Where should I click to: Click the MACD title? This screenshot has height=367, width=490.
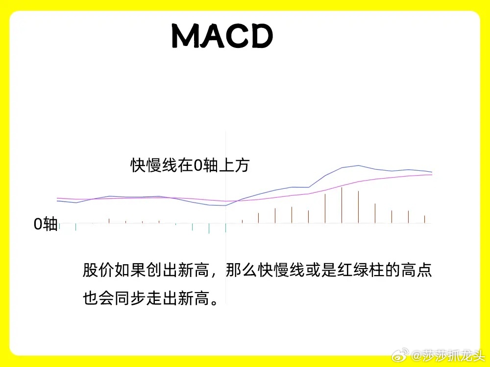pos(222,36)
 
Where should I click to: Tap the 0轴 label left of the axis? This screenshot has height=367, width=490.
pos(46,224)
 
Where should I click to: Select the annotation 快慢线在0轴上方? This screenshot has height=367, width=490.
pos(190,165)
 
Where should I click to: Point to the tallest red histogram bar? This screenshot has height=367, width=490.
pos(342,205)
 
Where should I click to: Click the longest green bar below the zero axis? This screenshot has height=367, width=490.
pos(209,228)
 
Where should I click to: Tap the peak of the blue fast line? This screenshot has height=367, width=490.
pos(359,165)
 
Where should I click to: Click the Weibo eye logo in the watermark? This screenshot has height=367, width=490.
pos(400,355)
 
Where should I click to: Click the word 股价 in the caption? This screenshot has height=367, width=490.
pos(98,270)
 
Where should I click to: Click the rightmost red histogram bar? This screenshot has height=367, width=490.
pos(424,219)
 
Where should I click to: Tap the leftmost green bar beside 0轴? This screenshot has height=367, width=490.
pos(59,226)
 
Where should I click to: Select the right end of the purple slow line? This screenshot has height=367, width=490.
pos(432,175)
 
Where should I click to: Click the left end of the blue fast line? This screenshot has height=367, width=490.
pos(57,201)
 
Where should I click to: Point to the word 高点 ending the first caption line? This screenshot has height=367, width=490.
pos(416,270)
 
